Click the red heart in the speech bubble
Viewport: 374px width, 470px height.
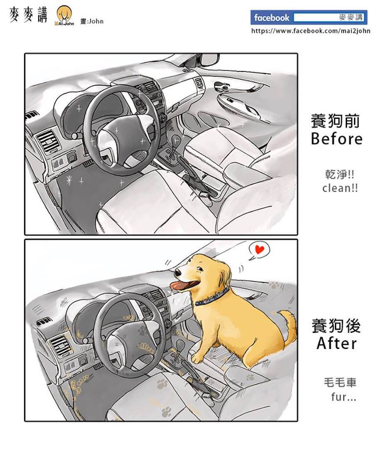tap(260, 249)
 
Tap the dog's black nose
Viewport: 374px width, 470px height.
tap(177, 273)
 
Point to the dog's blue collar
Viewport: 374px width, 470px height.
tap(212, 297)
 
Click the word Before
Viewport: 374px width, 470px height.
tap(337, 139)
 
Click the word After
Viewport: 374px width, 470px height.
tap(337, 343)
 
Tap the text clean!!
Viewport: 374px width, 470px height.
tap(340, 188)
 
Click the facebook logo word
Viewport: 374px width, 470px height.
tap(271, 18)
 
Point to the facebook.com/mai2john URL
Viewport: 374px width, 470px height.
tap(310, 31)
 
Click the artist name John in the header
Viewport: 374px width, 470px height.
tap(96, 21)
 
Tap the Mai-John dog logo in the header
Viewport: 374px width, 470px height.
tap(64, 16)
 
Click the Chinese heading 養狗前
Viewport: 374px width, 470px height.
tap(335, 121)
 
